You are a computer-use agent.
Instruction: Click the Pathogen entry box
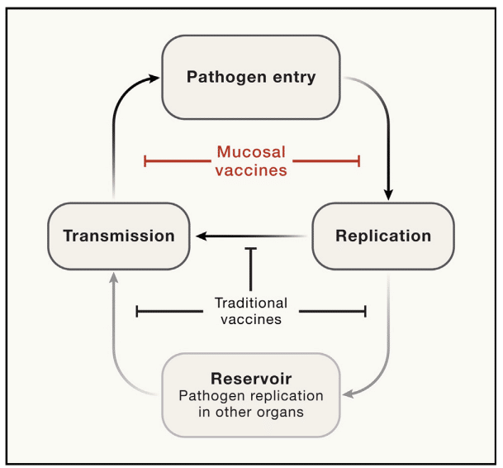point(251,77)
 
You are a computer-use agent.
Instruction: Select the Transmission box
point(119,236)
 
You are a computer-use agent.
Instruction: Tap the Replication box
point(383,236)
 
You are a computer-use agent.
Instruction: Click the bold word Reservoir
point(251,379)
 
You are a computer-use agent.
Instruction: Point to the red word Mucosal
point(251,152)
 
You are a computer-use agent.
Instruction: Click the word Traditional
point(251,303)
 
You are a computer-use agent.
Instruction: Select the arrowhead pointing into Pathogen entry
point(154,78)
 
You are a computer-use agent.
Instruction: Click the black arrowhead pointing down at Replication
point(388,194)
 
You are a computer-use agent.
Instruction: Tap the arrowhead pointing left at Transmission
point(202,236)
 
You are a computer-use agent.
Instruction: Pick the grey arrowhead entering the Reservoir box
point(348,394)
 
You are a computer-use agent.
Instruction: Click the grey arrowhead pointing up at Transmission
point(113,278)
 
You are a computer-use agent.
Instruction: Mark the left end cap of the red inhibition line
point(145,161)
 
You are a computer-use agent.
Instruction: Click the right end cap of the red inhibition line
point(359,161)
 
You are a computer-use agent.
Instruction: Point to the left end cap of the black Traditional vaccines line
point(137,311)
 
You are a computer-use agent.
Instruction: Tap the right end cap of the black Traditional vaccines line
point(365,311)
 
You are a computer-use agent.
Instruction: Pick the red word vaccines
point(251,170)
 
